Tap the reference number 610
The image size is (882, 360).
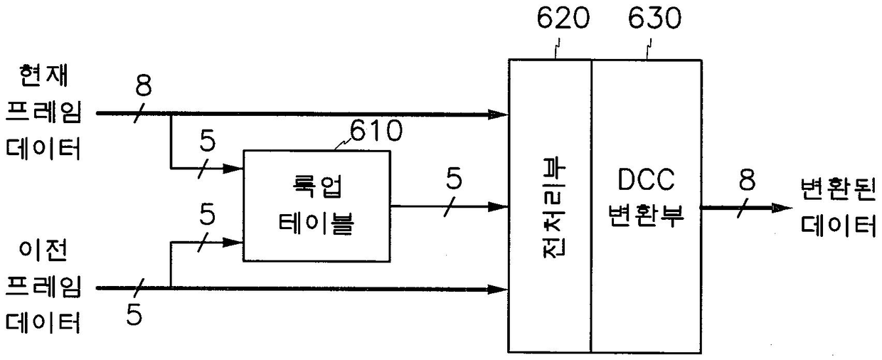[x=376, y=131]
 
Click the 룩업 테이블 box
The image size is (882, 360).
[x=317, y=206]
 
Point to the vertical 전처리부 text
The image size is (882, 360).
[x=550, y=206]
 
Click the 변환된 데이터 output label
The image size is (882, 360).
[x=837, y=206]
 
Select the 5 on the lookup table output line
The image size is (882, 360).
[x=454, y=180]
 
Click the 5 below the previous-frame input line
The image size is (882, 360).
[x=134, y=313]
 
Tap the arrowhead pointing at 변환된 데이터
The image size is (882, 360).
[x=782, y=208]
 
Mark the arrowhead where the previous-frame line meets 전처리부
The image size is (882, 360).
[x=500, y=289]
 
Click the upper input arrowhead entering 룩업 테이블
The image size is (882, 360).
[x=235, y=169]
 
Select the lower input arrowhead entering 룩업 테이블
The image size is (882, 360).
[x=235, y=242]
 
